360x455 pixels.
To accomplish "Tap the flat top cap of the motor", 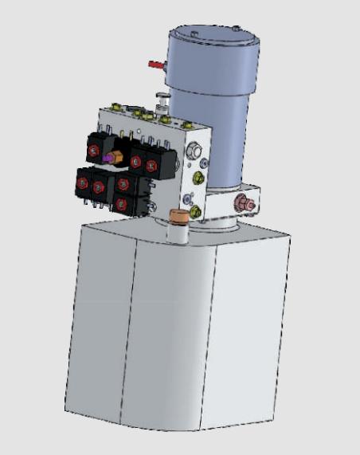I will pyautogui.click(x=211, y=36).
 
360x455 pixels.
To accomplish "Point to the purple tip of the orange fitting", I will pyautogui.click(x=106, y=158).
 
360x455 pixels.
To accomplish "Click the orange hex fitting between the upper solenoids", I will pyautogui.click(x=116, y=155).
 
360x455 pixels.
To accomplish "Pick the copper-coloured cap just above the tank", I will pyautogui.click(x=178, y=215).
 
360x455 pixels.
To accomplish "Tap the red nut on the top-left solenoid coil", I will pyautogui.click(x=95, y=150).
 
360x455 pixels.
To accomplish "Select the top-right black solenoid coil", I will pyautogui.click(x=147, y=162).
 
